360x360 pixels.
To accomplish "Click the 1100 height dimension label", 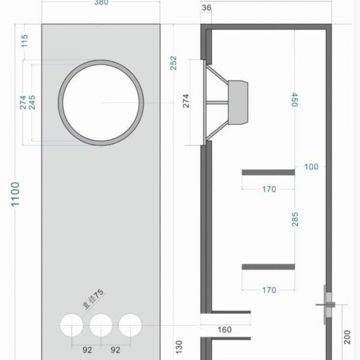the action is pyautogui.click(x=16, y=194).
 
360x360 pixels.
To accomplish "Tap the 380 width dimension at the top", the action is pyautogui.click(x=101, y=2).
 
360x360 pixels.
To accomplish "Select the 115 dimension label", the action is pyautogui.click(x=25, y=41).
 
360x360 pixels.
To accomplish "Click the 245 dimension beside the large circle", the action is pyautogui.click(x=32, y=103).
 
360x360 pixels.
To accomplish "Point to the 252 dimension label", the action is pyautogui.click(x=173, y=63).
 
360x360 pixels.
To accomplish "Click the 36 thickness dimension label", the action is pyautogui.click(x=206, y=8).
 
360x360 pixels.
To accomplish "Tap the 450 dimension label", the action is pyautogui.click(x=295, y=100).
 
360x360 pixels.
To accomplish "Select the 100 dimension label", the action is pyautogui.click(x=311, y=167).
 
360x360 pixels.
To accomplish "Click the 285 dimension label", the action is pyautogui.click(x=295, y=219).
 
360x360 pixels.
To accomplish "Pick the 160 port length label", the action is pyautogui.click(x=224, y=330).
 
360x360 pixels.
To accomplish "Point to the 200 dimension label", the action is pyautogui.click(x=347, y=337).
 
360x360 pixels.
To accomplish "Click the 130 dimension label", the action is pyautogui.click(x=179, y=347).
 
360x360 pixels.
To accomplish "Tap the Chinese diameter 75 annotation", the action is pyautogui.click(x=93, y=299).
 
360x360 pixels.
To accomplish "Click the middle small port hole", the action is pyautogui.click(x=101, y=325).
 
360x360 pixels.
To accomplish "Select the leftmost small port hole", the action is pyautogui.click(x=71, y=325).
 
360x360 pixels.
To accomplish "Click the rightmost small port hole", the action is pyautogui.click(x=130, y=325).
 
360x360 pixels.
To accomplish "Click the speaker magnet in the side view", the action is pyautogui.click(x=238, y=103).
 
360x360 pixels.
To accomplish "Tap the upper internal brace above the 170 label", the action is pyautogui.click(x=268, y=172).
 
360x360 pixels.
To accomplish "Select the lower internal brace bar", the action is pyautogui.click(x=268, y=267).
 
